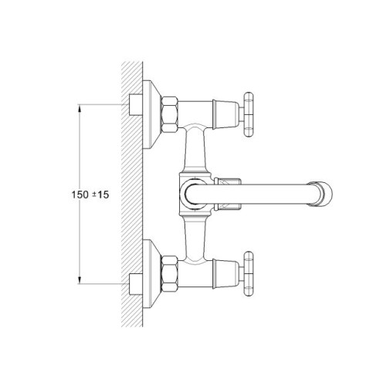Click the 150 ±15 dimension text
[x=90, y=195]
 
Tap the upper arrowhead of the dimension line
[x=80, y=108]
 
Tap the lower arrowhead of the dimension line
[x=80, y=280]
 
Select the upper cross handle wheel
[x=249, y=114]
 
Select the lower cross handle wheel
[x=249, y=274]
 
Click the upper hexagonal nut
[x=169, y=114]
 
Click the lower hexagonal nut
[x=169, y=274]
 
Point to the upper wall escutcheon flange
[x=151, y=114]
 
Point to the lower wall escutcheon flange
[x=151, y=274]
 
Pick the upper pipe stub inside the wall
[x=135, y=105]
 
